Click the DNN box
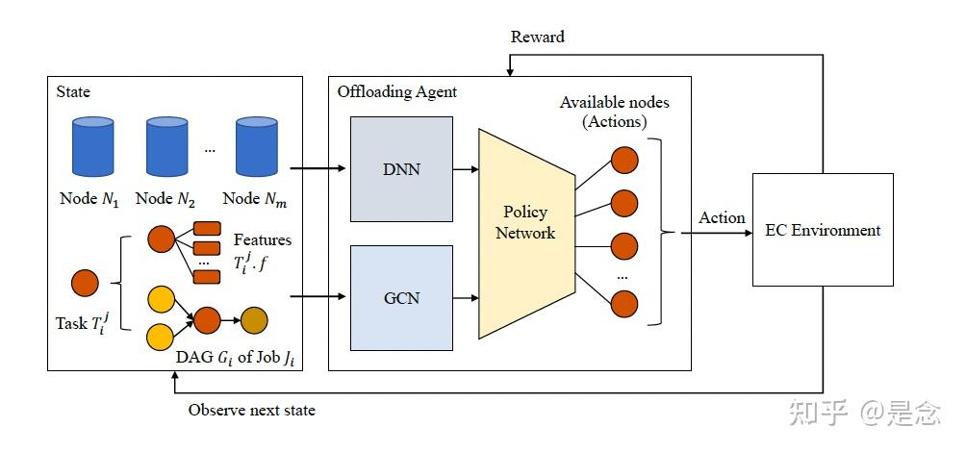tap(401, 169)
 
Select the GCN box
tap(401, 297)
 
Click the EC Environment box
tap(822, 230)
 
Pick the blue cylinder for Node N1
tap(93, 146)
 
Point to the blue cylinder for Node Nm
tap(257, 146)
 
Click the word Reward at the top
tap(537, 37)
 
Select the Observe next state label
tap(251, 411)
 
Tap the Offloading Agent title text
tap(396, 91)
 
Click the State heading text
tap(73, 91)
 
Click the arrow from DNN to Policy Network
tap(466, 170)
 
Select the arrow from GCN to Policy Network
tap(466, 298)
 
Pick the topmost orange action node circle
tap(624, 159)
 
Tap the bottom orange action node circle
tap(624, 304)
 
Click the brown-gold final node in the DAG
tap(254, 320)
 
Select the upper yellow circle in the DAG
tap(161, 300)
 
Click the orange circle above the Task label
tap(86, 283)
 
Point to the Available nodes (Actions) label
tap(614, 112)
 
